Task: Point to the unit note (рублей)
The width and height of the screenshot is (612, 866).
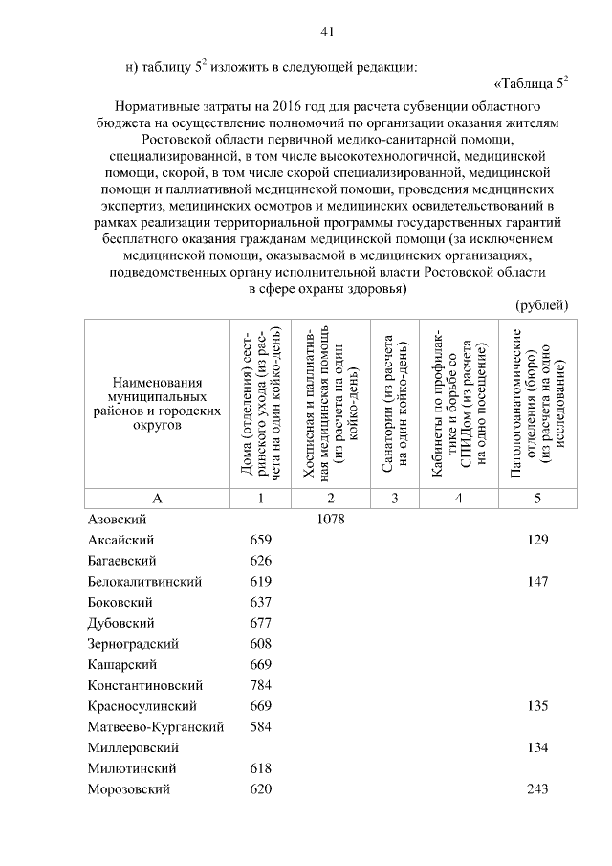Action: click(542, 305)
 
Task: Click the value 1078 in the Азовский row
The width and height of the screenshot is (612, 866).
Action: click(330, 520)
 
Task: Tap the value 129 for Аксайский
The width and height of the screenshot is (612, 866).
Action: click(537, 541)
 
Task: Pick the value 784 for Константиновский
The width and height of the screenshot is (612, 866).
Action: click(260, 685)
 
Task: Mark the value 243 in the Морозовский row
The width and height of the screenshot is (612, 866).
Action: click(537, 789)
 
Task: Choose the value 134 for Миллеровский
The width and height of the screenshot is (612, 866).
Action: click(537, 747)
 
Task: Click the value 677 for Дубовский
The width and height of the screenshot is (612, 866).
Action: click(260, 623)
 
